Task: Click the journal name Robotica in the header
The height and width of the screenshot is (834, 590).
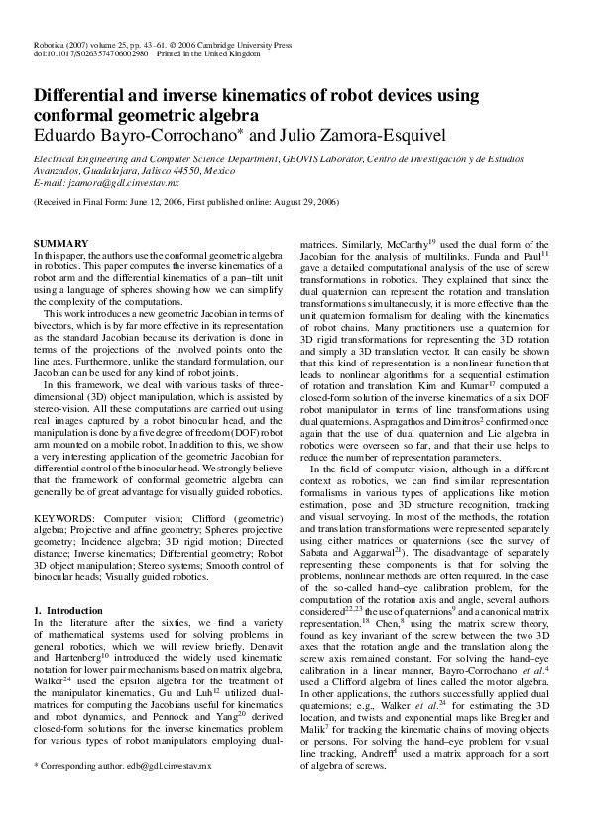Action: pos(49,47)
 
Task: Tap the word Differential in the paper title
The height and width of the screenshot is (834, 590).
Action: pos(90,98)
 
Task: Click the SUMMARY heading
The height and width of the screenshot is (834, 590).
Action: pos(60,244)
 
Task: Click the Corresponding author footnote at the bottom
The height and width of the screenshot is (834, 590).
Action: pos(123,794)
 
